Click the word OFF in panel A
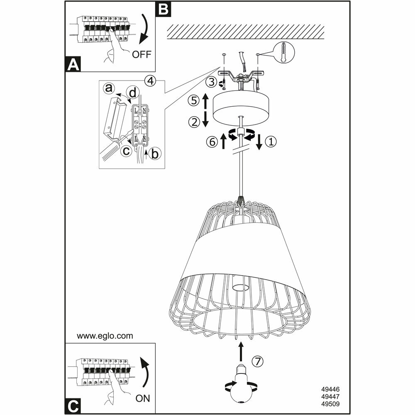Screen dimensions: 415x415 pyautogui.click(x=142, y=54)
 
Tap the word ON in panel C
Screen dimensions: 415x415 pyautogui.click(x=142, y=399)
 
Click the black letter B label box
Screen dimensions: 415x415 pyautogui.click(x=163, y=9)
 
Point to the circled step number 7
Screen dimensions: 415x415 pyautogui.click(x=258, y=361)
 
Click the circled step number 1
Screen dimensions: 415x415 pyautogui.click(x=270, y=142)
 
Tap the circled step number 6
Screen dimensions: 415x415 pyautogui.click(x=211, y=142)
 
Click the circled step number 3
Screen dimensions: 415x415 pyautogui.click(x=212, y=82)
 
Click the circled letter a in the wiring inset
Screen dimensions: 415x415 pyautogui.click(x=109, y=88)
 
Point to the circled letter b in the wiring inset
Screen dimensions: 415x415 pyautogui.click(x=155, y=154)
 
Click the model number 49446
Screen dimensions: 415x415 pyautogui.click(x=330, y=390)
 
